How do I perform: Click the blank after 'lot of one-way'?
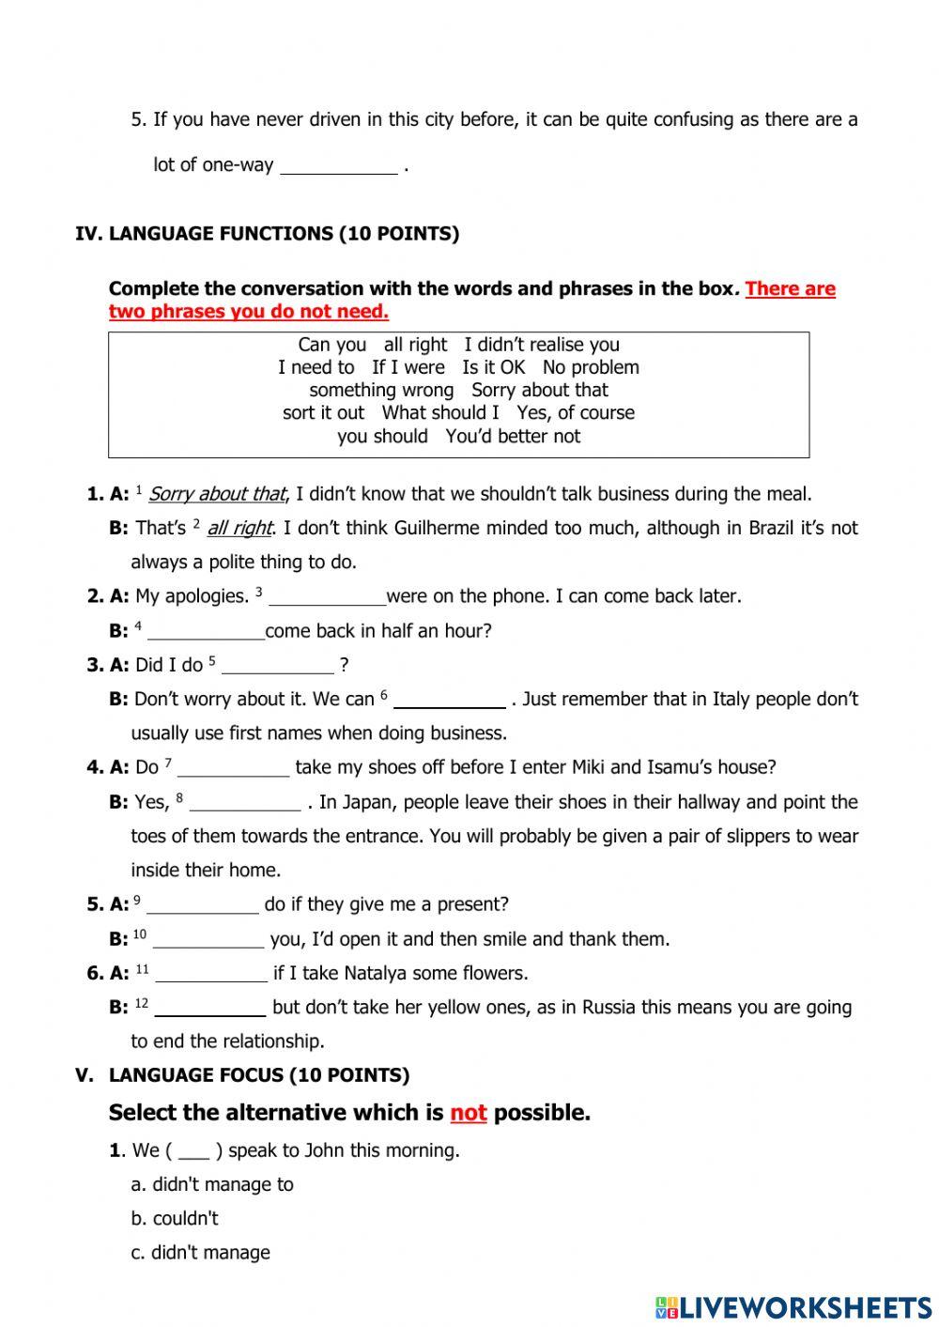coord(339,166)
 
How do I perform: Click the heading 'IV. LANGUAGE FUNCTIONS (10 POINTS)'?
coord(268,234)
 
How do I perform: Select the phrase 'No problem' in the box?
coord(591,367)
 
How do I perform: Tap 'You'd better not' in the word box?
coord(513,436)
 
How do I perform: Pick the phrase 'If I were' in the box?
coord(408,367)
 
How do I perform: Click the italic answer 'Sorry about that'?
coord(216,494)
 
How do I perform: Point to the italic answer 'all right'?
coord(239,528)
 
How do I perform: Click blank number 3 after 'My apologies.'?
coord(327,597)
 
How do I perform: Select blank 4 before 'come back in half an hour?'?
coord(207,632)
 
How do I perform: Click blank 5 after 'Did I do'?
coord(278,666)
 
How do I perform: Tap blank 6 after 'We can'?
coord(450,701)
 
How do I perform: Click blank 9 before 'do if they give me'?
coord(203,905)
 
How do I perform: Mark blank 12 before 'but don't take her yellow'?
coord(210,1009)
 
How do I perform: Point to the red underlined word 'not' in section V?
coord(468,1113)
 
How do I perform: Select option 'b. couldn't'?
coord(175,1218)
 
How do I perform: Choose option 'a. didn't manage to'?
coord(212,1184)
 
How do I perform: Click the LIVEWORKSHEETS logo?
coord(793,1306)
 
